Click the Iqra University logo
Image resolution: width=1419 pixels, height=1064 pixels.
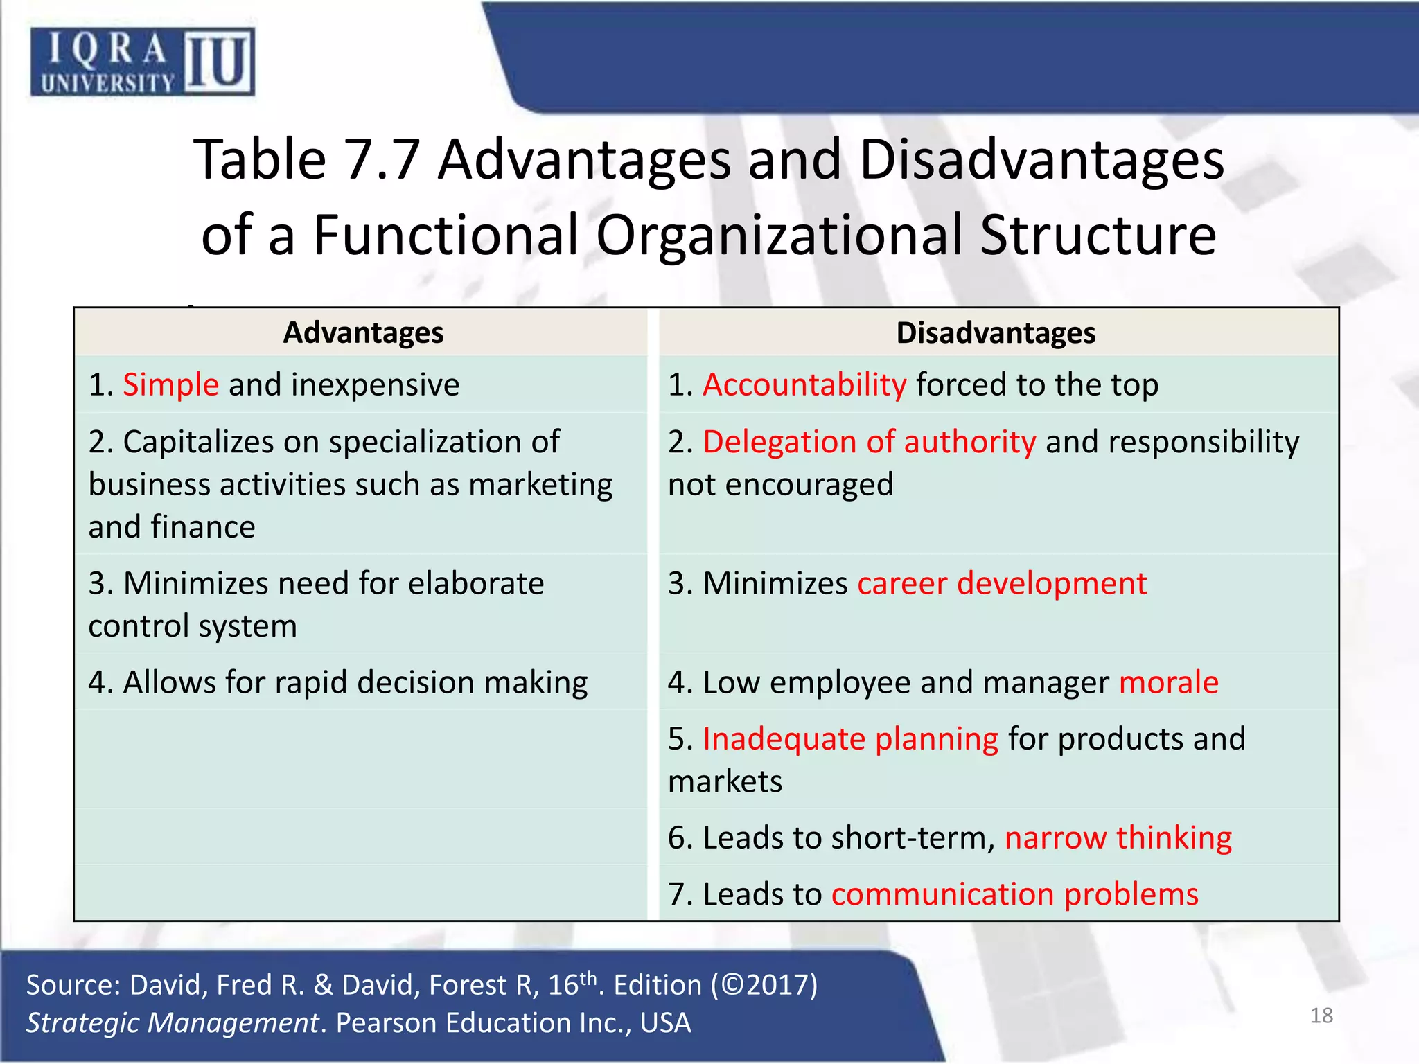[x=142, y=62]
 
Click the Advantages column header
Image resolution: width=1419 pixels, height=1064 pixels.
[x=363, y=333]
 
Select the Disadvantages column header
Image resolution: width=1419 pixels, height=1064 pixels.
[x=996, y=333]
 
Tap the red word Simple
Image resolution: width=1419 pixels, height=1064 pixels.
[x=170, y=385]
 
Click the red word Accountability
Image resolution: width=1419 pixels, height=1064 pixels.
[x=804, y=385]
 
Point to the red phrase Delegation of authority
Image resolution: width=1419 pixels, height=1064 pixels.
[x=869, y=442]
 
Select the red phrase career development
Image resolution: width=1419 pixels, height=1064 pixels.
[x=1002, y=583]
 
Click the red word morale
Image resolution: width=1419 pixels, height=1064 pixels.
[x=1169, y=682]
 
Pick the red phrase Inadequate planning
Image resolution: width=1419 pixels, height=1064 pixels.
[x=850, y=739]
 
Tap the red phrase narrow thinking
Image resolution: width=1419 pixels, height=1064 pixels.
[x=1118, y=838]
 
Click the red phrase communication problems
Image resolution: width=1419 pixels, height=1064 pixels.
[x=1014, y=894]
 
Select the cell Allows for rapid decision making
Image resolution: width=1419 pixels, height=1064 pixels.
[x=338, y=682]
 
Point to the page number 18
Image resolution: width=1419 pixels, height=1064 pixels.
[x=1321, y=1016]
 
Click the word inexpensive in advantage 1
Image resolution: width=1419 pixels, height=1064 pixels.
[x=375, y=385]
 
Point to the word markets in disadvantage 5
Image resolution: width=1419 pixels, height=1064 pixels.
[x=725, y=782]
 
